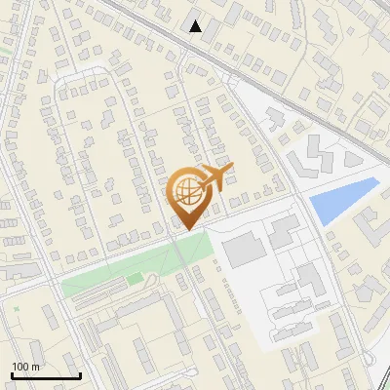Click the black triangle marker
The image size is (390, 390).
click(196, 26)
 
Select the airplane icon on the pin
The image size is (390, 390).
click(215, 178)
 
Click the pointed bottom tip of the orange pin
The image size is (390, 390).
click(188, 229)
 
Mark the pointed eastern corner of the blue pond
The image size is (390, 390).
click(377, 180)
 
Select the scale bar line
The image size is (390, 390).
click(46, 375)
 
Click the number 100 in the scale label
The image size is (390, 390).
click(20, 367)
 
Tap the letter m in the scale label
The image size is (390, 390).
click(35, 367)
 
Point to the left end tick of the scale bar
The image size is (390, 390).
click(12, 373)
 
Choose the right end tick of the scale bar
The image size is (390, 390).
click(80, 373)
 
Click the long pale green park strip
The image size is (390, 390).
click(136, 268)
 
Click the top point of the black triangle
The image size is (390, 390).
click(196, 20)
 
